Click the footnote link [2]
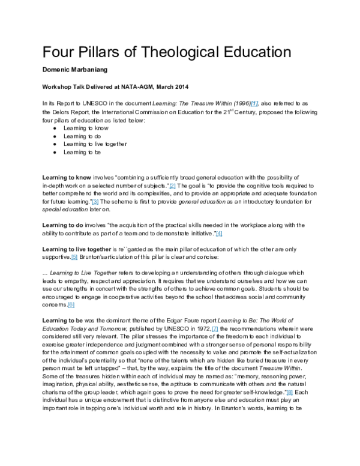(x=172, y=186)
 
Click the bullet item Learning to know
(x=82, y=128)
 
